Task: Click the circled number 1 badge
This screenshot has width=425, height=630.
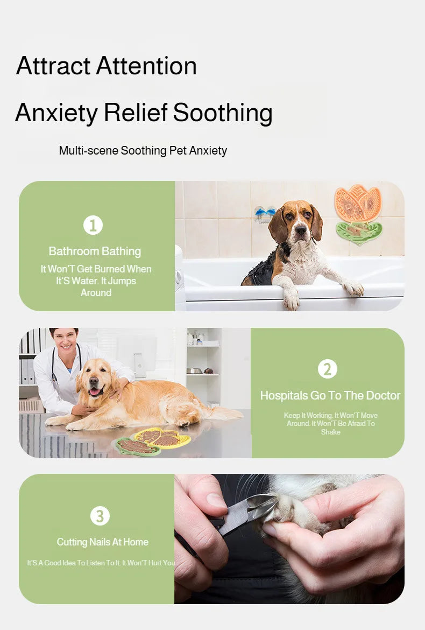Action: point(93,225)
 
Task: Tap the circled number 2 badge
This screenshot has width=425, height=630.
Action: point(328,369)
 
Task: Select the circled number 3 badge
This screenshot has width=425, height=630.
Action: point(100,516)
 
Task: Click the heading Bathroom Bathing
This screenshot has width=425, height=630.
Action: point(95,251)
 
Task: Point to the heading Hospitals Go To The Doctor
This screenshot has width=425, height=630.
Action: point(330,395)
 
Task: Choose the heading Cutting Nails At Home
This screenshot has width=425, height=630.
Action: point(102,542)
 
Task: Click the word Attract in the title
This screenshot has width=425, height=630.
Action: point(53,66)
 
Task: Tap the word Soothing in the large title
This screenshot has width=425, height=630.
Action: point(223,113)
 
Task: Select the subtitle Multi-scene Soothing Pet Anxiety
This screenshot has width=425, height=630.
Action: point(143,151)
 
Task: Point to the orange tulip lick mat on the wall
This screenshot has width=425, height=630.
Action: point(358,204)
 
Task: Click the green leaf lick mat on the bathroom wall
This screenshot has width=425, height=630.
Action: point(358,232)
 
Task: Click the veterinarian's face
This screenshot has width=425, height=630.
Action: point(64,340)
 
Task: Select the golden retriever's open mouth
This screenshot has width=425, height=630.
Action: point(96,390)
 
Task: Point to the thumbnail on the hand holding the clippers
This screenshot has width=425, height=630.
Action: point(216,500)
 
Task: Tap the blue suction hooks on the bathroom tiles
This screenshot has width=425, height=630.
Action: point(265,212)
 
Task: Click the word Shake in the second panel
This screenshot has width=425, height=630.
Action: point(331,432)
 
